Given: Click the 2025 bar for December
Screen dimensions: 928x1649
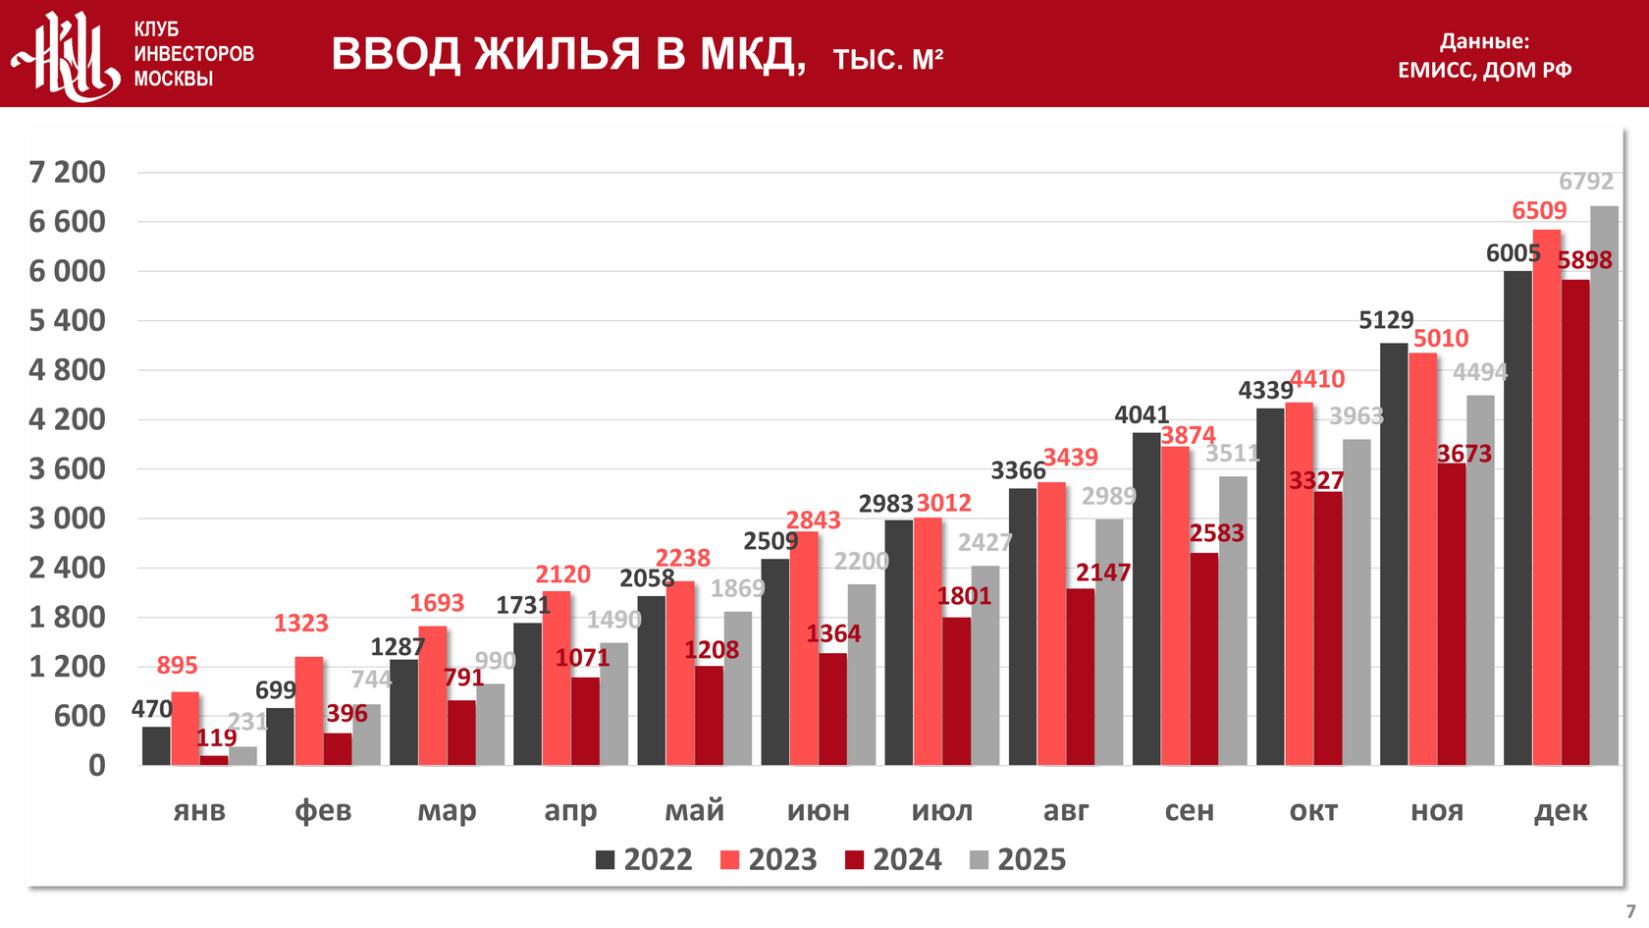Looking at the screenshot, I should pyautogui.click(x=1604, y=486).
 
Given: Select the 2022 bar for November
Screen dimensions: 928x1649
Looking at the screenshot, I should pyautogui.click(x=1394, y=554).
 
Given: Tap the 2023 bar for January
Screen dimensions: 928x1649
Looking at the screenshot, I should pyautogui.click(x=186, y=729).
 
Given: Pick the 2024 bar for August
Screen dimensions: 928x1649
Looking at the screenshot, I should pyautogui.click(x=1081, y=677).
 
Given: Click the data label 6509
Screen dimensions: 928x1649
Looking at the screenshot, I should pyautogui.click(x=1539, y=211).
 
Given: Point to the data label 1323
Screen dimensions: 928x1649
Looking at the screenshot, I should pyautogui.click(x=300, y=624).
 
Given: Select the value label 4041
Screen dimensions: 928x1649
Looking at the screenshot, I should pyautogui.click(x=1142, y=415).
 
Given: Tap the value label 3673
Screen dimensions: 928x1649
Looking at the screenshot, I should pyautogui.click(x=1464, y=455).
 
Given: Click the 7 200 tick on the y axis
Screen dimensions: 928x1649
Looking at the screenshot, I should pyautogui.click(x=67, y=173).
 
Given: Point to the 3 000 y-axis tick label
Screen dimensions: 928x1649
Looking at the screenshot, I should pyautogui.click(x=67, y=519).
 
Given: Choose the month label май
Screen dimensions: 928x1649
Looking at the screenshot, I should pyautogui.click(x=694, y=811).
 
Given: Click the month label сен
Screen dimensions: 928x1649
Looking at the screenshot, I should pyautogui.click(x=1190, y=811).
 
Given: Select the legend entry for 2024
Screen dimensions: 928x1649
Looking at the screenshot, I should pyautogui.click(x=893, y=860).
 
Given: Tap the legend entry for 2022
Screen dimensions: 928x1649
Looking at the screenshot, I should pyautogui.click(x=644, y=860).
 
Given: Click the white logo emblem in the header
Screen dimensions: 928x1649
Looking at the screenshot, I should pyautogui.click(x=67, y=55).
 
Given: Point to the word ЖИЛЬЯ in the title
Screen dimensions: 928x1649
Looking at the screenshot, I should pyautogui.click(x=558, y=54).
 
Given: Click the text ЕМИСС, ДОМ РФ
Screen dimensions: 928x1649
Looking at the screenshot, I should pyautogui.click(x=1484, y=70).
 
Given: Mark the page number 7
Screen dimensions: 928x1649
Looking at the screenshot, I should pyautogui.click(x=1630, y=911).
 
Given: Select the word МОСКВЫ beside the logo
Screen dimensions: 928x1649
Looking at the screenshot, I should pyautogui.click(x=174, y=79).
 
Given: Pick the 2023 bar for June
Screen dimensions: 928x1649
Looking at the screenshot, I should pyautogui.click(x=804, y=648).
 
